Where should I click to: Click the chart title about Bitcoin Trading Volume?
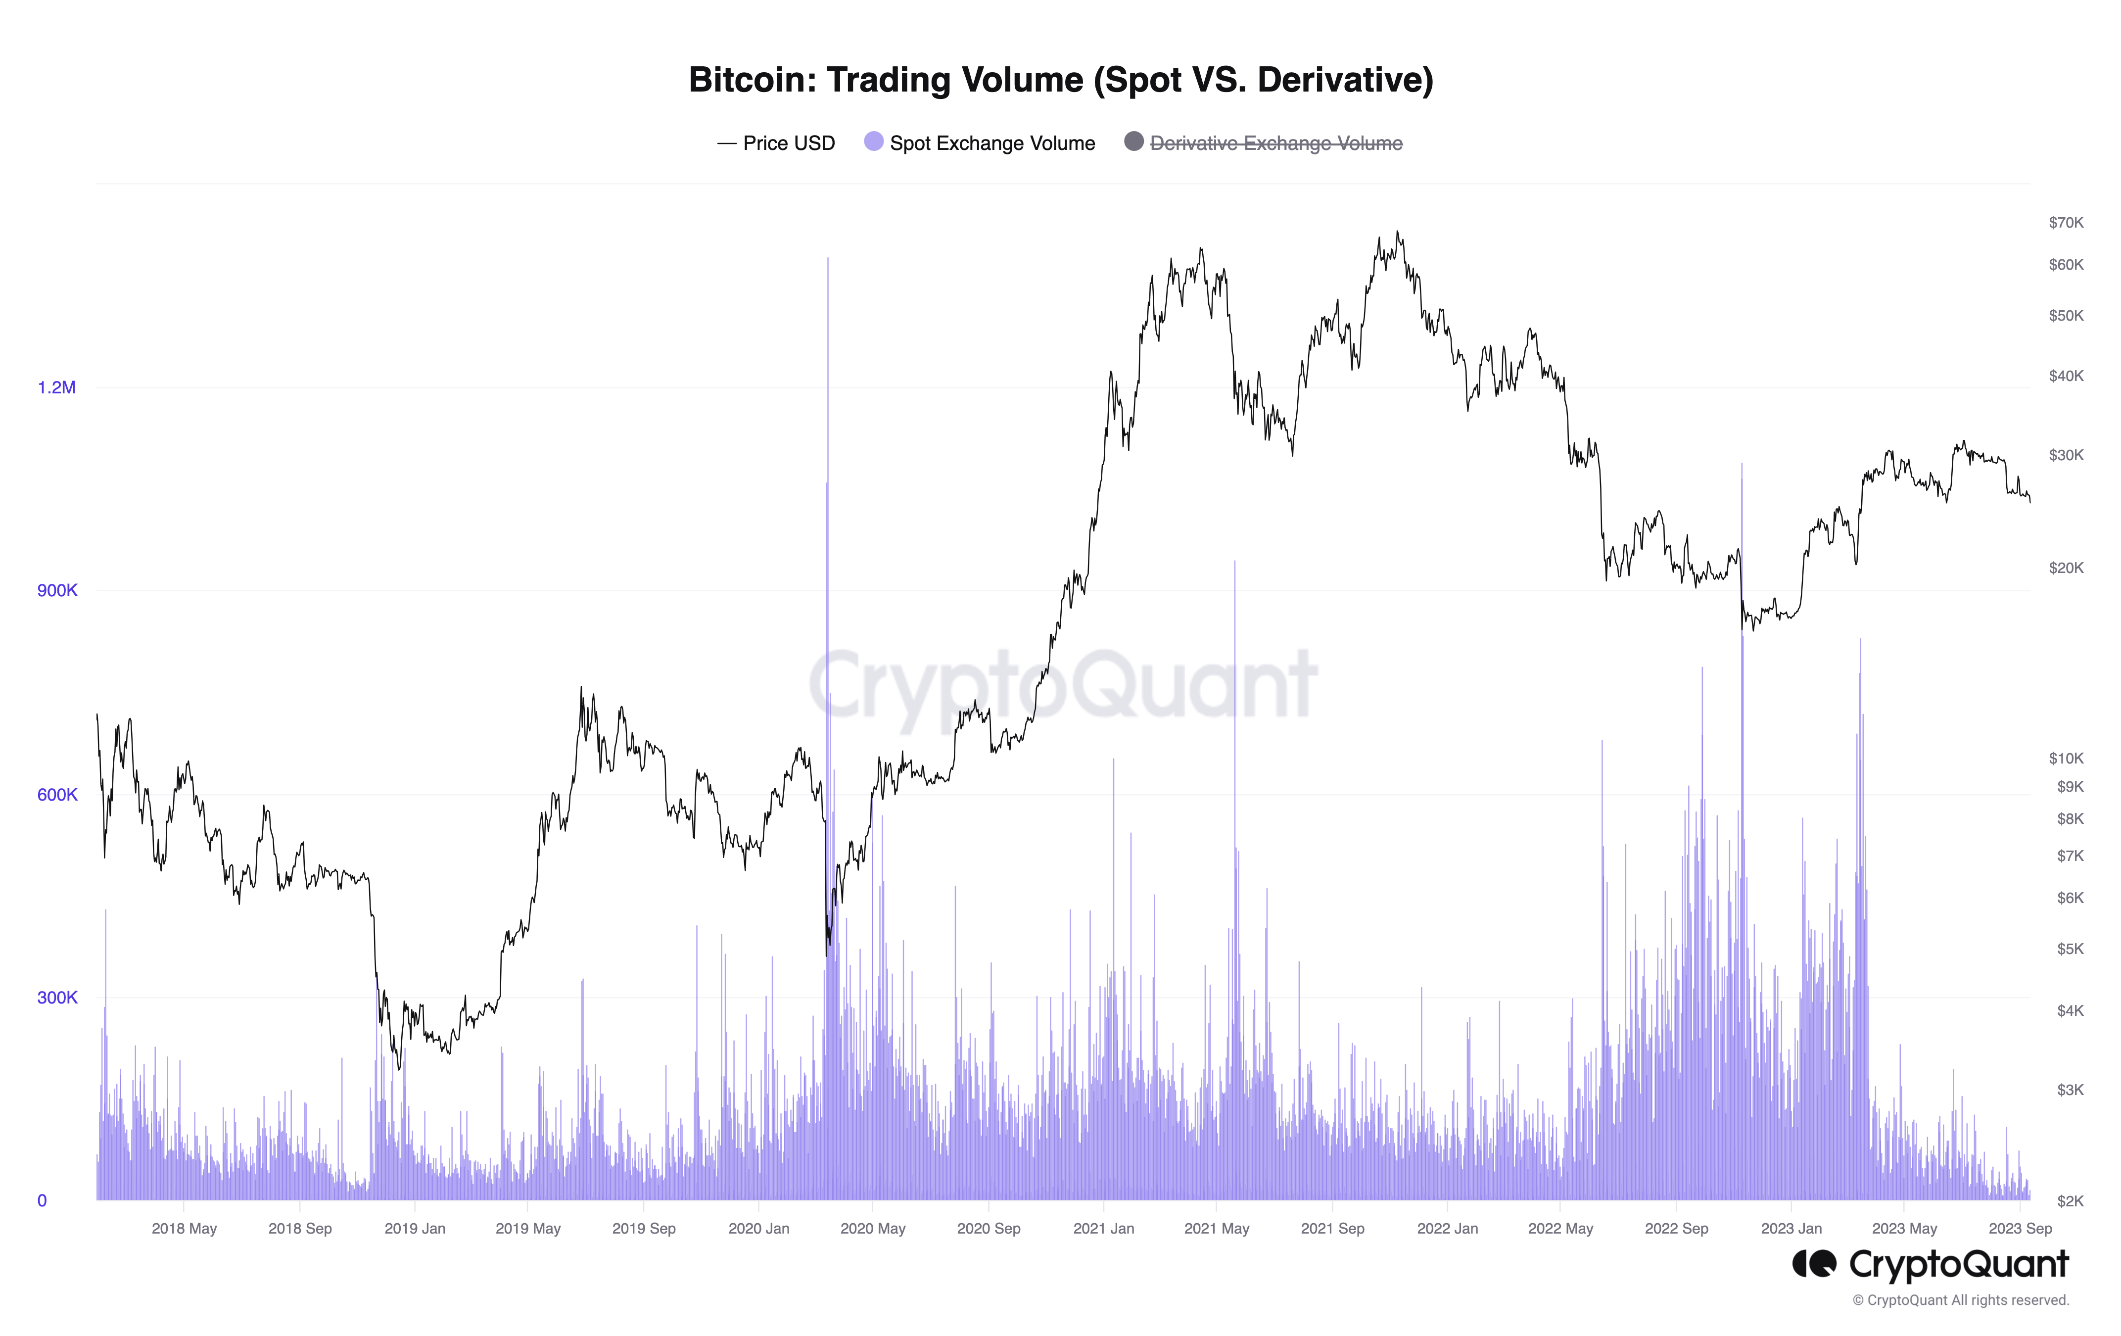pyautogui.click(x=1061, y=79)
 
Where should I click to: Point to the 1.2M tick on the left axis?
pyautogui.click(x=56, y=387)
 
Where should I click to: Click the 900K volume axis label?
pyautogui.click(x=56, y=590)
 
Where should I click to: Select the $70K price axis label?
pyautogui.click(x=2066, y=223)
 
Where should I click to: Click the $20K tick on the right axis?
pyautogui.click(x=2066, y=568)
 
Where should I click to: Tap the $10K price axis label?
pyautogui.click(x=2066, y=758)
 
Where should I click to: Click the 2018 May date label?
pyautogui.click(x=184, y=1229)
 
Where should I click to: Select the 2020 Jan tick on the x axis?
pyautogui.click(x=758, y=1229)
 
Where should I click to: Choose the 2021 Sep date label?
pyautogui.click(x=1332, y=1229)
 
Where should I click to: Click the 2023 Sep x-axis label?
pyautogui.click(x=2020, y=1229)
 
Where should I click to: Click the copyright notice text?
pyautogui.click(x=1960, y=1300)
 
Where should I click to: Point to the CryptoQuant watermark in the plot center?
pyautogui.click(x=1062, y=685)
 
